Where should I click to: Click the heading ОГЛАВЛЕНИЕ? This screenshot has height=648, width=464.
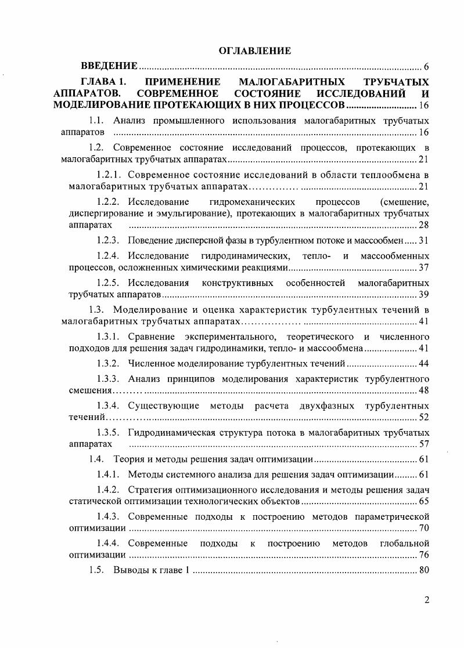click(x=254, y=51)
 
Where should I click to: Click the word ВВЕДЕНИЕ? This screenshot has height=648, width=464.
click(x=109, y=66)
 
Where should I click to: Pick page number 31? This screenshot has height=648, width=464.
click(x=423, y=240)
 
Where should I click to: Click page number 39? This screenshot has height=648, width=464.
click(x=423, y=294)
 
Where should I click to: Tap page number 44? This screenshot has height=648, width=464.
click(x=423, y=363)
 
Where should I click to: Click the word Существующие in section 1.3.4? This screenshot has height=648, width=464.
click(x=164, y=405)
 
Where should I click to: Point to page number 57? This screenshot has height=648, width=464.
click(x=423, y=444)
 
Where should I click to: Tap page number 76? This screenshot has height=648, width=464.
click(x=423, y=555)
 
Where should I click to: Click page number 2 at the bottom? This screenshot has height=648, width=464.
click(x=426, y=600)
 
